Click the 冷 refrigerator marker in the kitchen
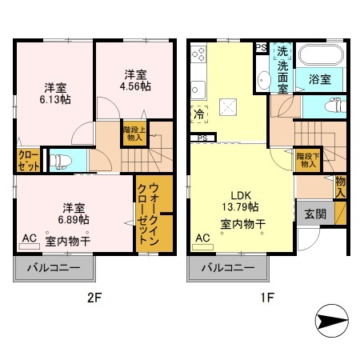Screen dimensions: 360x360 [x=197, y=114]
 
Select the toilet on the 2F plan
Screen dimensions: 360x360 [x=59, y=160]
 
